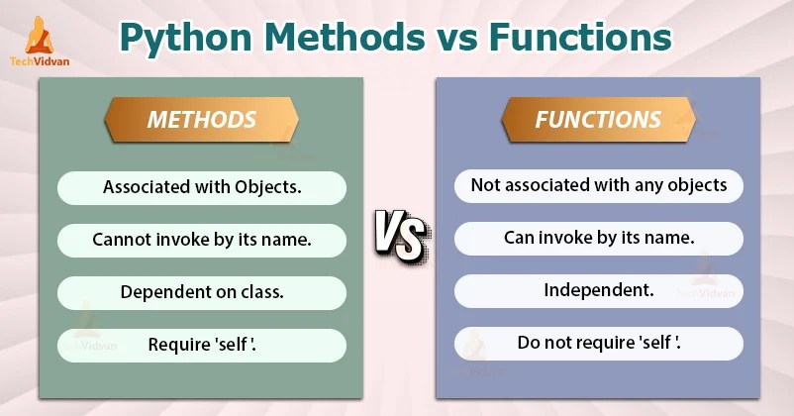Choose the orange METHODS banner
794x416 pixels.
(x=202, y=121)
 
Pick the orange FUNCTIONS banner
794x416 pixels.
(x=598, y=121)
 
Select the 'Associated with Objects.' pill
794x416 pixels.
(x=202, y=187)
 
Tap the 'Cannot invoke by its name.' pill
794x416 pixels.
(x=202, y=240)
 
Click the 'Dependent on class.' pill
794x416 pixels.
(x=202, y=292)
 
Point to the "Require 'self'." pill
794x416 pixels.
(x=202, y=345)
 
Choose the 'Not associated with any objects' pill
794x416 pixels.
(x=598, y=185)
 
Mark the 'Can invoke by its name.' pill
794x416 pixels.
(x=598, y=238)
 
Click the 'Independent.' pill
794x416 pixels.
(x=598, y=291)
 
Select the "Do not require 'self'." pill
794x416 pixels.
(x=598, y=344)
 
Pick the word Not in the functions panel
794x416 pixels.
(x=484, y=185)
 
